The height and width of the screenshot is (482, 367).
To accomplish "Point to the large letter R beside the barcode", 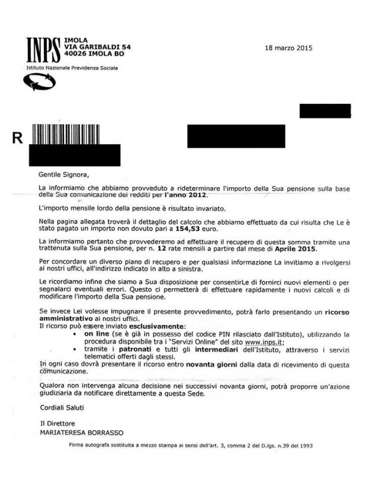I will pos(17,138).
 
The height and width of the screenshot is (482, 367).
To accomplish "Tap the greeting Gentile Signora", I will pos(59,174).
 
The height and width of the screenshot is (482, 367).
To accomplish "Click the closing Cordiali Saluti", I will pos(60,408).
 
